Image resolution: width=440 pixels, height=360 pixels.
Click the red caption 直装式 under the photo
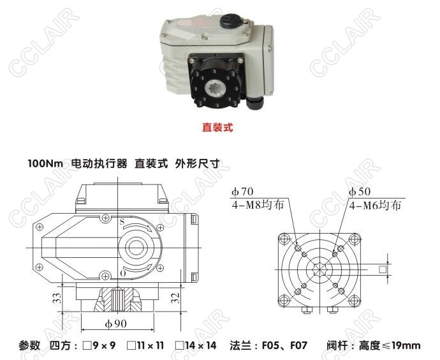pyautogui.click(x=217, y=128)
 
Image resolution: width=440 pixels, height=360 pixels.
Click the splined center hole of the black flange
pyautogui.click(x=216, y=89)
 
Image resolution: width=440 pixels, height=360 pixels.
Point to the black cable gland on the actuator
pyautogui.click(x=256, y=103)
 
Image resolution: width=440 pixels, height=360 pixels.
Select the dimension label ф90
pyautogui.click(x=116, y=324)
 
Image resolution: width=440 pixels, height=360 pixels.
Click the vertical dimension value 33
pyautogui.click(x=57, y=297)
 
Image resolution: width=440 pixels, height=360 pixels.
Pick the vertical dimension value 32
pyautogui.click(x=175, y=297)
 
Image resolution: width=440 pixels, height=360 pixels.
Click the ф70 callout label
pyautogui.click(x=242, y=191)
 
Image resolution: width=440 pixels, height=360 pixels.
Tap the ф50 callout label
pyautogui.click(x=360, y=191)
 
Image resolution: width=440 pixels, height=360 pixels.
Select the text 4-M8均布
pyautogui.click(x=258, y=206)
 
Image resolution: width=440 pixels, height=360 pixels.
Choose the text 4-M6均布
pyautogui.click(x=375, y=206)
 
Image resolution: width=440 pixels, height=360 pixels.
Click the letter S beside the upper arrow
pyautogui.click(x=122, y=222)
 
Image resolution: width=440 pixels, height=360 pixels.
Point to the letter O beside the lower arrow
pyautogui.click(x=122, y=273)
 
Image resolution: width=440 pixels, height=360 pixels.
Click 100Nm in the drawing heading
pyautogui.click(x=45, y=163)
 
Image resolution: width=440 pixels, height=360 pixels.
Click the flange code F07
pyautogui.click(x=298, y=345)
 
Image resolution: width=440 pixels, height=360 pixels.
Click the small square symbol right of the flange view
pyautogui.click(x=383, y=269)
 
